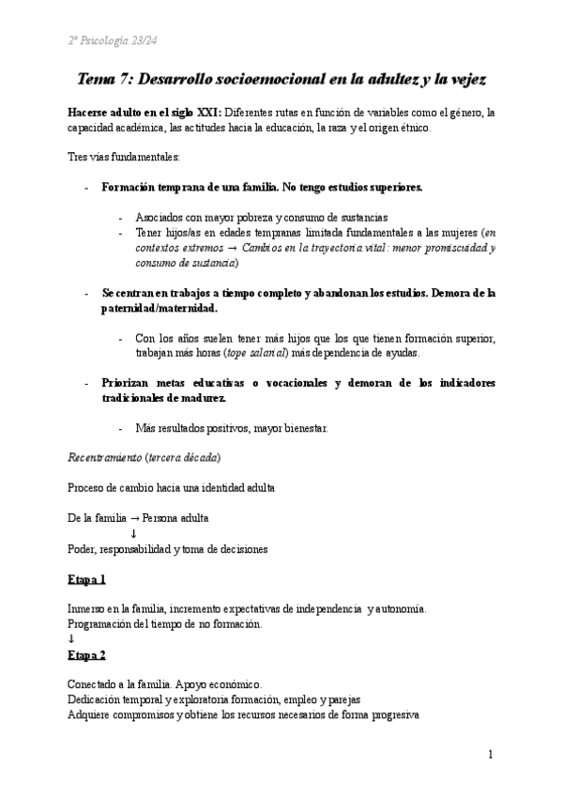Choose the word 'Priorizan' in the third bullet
click(x=126, y=384)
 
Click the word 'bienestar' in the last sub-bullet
click(x=300, y=429)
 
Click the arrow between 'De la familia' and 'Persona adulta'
click(x=133, y=517)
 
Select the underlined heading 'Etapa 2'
click(x=86, y=654)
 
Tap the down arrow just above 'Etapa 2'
click(x=71, y=638)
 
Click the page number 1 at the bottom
click(x=491, y=754)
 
